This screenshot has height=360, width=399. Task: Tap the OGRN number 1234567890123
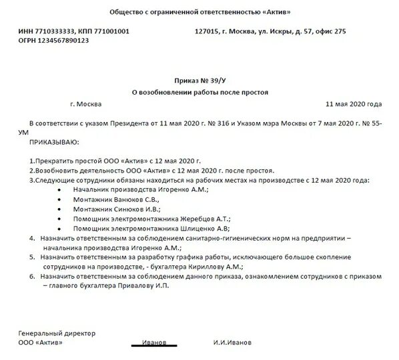[56, 41]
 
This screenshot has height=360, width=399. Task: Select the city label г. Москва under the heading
[85, 105]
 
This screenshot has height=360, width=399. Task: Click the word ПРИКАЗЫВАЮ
[54, 142]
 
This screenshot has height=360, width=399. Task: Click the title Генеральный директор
[57, 333]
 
